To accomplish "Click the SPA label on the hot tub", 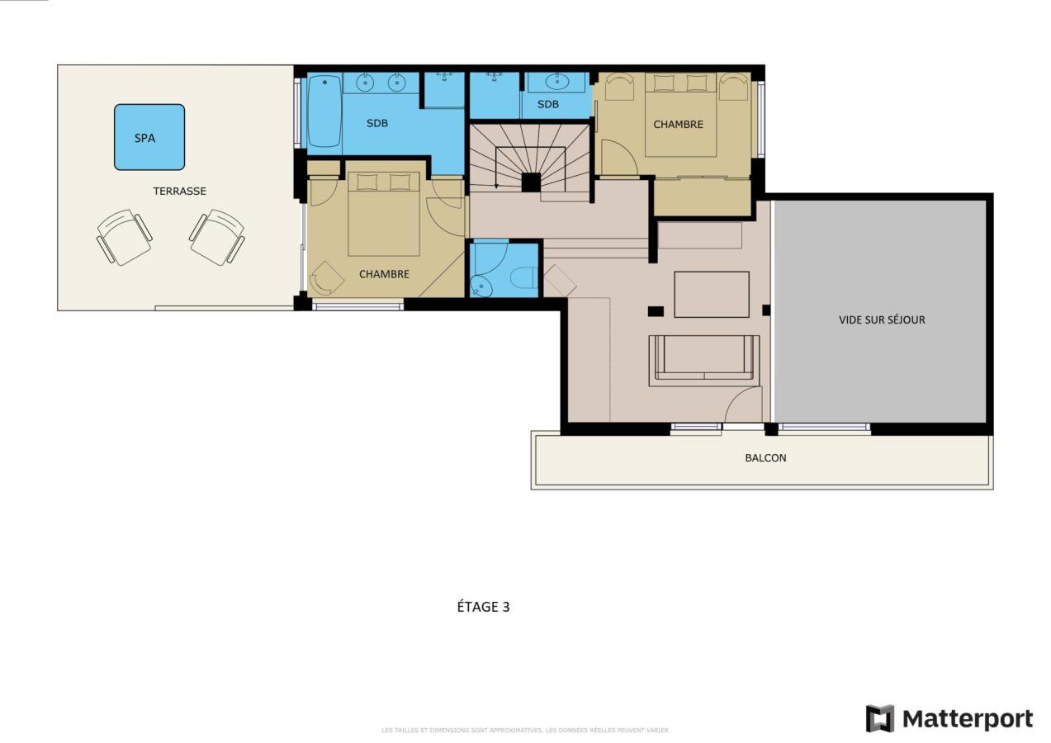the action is [144, 138].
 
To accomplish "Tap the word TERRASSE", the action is [180, 191].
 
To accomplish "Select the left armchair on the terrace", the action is [125, 238].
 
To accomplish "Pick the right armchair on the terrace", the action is [217, 238].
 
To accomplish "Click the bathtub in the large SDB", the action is [324, 111].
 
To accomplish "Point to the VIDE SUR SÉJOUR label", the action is [882, 319].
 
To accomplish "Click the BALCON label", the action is [765, 458].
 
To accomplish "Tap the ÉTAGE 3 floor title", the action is [483, 607].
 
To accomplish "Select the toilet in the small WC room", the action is [523, 277].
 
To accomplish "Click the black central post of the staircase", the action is [531, 182].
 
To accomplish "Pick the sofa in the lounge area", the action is [704, 361].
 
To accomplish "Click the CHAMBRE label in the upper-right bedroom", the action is [679, 125].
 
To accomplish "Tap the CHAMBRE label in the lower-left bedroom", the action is [384, 274].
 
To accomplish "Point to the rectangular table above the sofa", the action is [712, 295].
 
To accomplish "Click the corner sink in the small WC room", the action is [482, 286].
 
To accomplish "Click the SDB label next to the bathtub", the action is [377, 123].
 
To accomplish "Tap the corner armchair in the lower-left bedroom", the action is [327, 278].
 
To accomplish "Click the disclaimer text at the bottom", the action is [525, 730].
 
